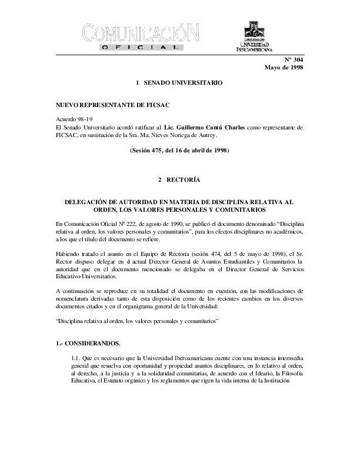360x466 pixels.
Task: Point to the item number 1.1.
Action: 76,357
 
